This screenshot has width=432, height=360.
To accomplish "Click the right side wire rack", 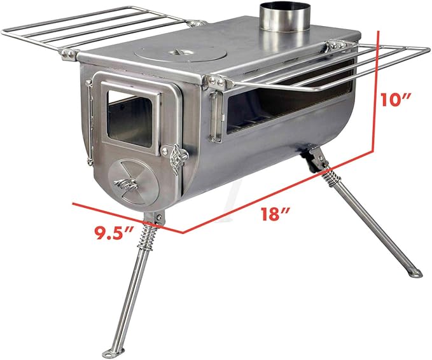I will (356, 64).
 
